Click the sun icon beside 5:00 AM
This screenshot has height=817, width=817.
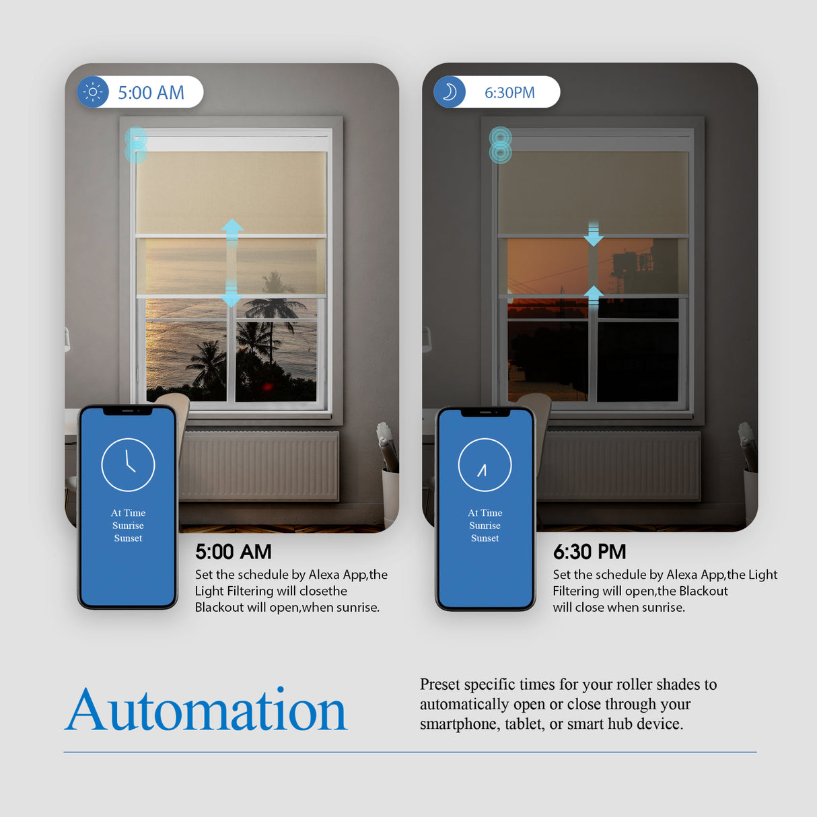[x=93, y=92]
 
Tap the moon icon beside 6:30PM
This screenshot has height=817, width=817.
[x=450, y=92]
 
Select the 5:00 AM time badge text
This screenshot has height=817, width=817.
[x=151, y=93]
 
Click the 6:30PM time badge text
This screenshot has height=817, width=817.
[x=509, y=93]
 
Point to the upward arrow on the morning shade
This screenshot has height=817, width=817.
[x=232, y=231]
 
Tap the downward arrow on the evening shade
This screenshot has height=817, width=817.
[x=593, y=235]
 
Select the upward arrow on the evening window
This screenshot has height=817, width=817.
[x=593, y=295]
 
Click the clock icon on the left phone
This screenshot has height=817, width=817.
[x=128, y=464]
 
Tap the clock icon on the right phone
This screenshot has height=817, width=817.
[x=485, y=464]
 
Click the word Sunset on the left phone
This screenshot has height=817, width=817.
[x=128, y=538]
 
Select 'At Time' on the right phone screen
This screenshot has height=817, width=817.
[x=485, y=513]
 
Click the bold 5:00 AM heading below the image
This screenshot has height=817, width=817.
[x=233, y=552]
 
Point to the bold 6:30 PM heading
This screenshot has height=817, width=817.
[x=590, y=552]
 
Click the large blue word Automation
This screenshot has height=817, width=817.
[x=206, y=710]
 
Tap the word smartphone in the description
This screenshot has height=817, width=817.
[x=458, y=724]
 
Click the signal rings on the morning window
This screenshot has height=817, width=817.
[x=136, y=145]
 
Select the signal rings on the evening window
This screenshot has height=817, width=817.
[x=500, y=145]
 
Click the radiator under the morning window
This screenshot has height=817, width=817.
[x=259, y=466]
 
